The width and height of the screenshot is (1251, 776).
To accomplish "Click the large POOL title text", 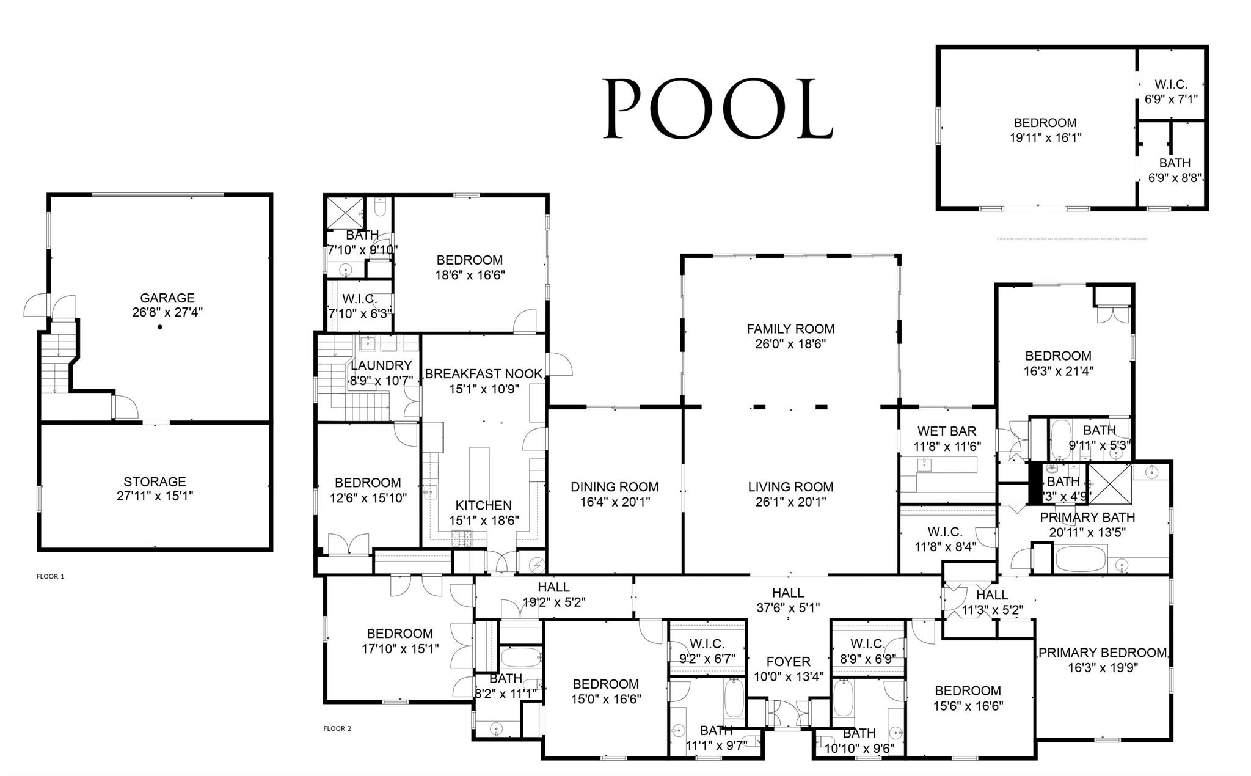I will click(x=718, y=109).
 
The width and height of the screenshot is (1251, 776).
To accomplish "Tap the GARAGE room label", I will click(x=167, y=298).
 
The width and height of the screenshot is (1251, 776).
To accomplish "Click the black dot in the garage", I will click(x=160, y=327).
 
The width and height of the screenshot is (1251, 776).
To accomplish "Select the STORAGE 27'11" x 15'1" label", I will click(x=155, y=489).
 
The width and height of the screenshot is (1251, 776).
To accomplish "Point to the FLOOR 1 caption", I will click(x=50, y=576).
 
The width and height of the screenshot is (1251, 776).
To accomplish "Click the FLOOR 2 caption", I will click(x=337, y=728).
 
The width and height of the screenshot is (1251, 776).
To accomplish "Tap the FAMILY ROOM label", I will click(x=790, y=329).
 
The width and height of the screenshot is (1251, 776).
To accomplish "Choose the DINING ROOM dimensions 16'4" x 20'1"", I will click(x=615, y=502).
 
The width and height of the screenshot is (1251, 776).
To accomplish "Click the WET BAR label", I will click(x=947, y=431).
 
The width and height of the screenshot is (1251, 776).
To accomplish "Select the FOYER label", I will click(x=788, y=662).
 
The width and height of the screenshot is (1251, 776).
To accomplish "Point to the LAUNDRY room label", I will click(x=381, y=365).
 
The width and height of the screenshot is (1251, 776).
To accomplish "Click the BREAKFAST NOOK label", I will click(x=484, y=374).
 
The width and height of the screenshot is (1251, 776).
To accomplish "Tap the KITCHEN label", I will click(x=484, y=505).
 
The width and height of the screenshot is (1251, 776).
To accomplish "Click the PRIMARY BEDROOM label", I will click(x=1102, y=653).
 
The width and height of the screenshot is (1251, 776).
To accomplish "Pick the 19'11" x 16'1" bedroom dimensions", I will click(x=1045, y=138).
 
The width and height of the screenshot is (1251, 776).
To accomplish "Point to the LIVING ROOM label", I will click(x=790, y=487).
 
